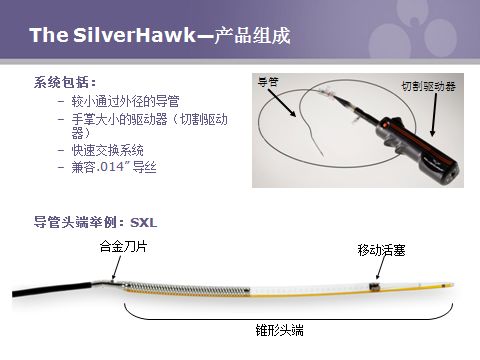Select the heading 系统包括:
(x=66, y=81)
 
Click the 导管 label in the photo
(x=267, y=81)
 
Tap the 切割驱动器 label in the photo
(x=427, y=87)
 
